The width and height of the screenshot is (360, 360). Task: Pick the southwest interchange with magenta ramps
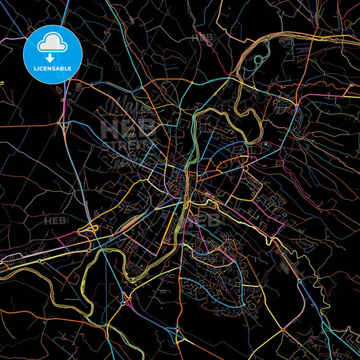pos(124,297)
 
